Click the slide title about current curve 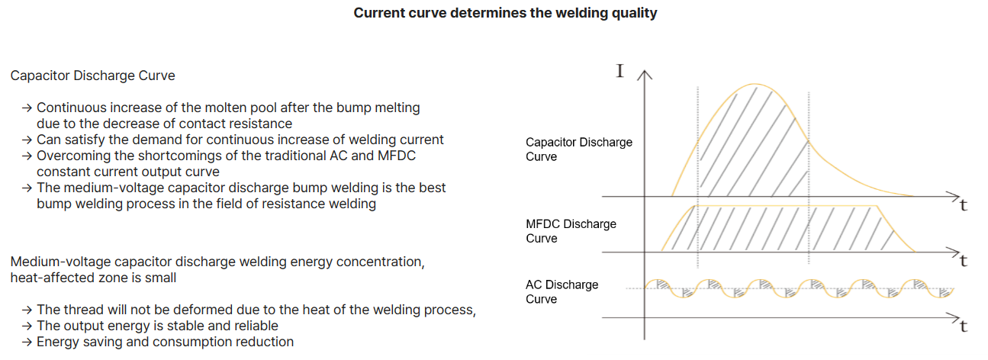click(x=505, y=13)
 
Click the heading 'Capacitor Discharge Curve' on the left click(x=92, y=76)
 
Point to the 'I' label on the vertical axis click(x=620, y=72)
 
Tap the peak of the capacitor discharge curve click(x=755, y=84)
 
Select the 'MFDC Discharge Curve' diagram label click(x=571, y=231)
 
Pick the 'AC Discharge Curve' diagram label click(x=562, y=291)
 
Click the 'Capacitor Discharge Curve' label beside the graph click(x=578, y=149)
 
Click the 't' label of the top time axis click(x=964, y=206)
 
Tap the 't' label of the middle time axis click(x=964, y=261)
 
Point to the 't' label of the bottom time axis click(x=964, y=327)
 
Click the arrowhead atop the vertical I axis click(x=645, y=75)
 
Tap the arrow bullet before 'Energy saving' click(x=27, y=342)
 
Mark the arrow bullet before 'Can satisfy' click(x=27, y=140)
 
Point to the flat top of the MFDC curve click(x=786, y=206)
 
